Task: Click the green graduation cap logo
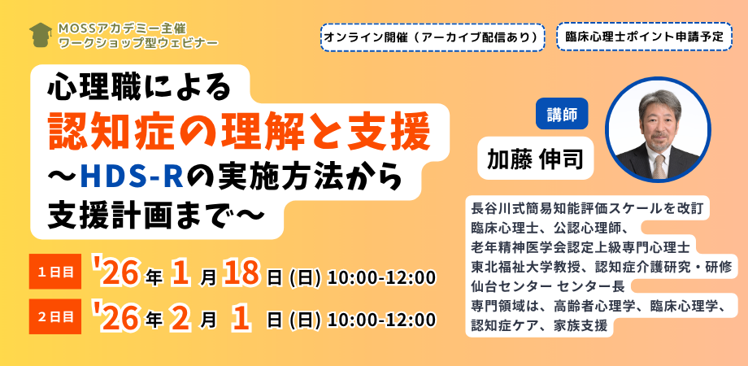click(x=41, y=34)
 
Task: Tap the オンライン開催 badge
click(x=433, y=37)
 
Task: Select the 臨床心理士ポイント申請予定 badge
click(x=644, y=37)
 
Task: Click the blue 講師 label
click(x=562, y=113)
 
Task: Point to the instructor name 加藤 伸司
click(x=535, y=159)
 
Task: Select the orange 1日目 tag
click(x=55, y=272)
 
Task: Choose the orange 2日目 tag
click(x=55, y=316)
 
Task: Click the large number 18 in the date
click(x=242, y=274)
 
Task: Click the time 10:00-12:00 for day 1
click(x=381, y=277)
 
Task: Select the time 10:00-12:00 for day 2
click(x=381, y=320)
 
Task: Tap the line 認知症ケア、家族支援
click(x=539, y=327)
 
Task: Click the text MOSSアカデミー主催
click(x=112, y=28)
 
